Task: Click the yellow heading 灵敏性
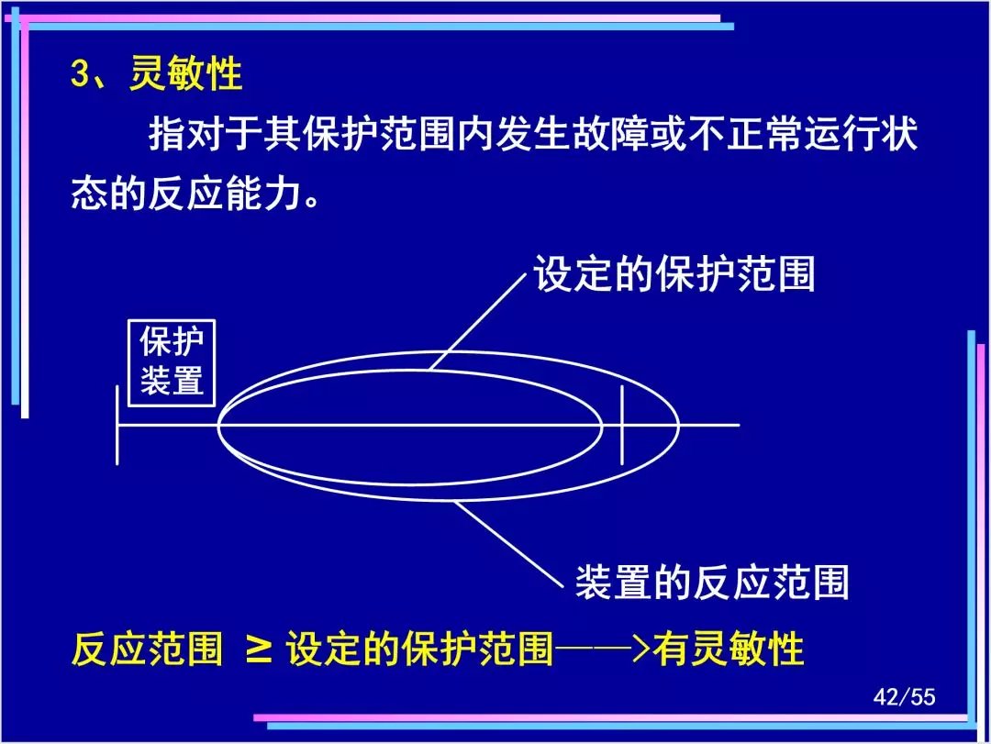click(185, 74)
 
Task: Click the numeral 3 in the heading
click(80, 73)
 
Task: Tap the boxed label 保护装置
click(172, 363)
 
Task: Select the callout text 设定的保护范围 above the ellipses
click(674, 274)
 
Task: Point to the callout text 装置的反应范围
click(712, 583)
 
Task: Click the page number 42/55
click(904, 696)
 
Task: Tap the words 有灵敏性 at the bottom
click(728, 650)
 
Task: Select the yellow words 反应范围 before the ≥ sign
click(147, 650)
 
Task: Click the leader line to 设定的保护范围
click(478, 322)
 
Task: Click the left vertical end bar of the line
click(117, 425)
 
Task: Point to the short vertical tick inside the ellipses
click(622, 425)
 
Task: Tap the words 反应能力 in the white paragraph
click(225, 193)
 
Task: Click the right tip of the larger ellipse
click(679, 426)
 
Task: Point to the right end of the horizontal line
click(739, 425)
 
